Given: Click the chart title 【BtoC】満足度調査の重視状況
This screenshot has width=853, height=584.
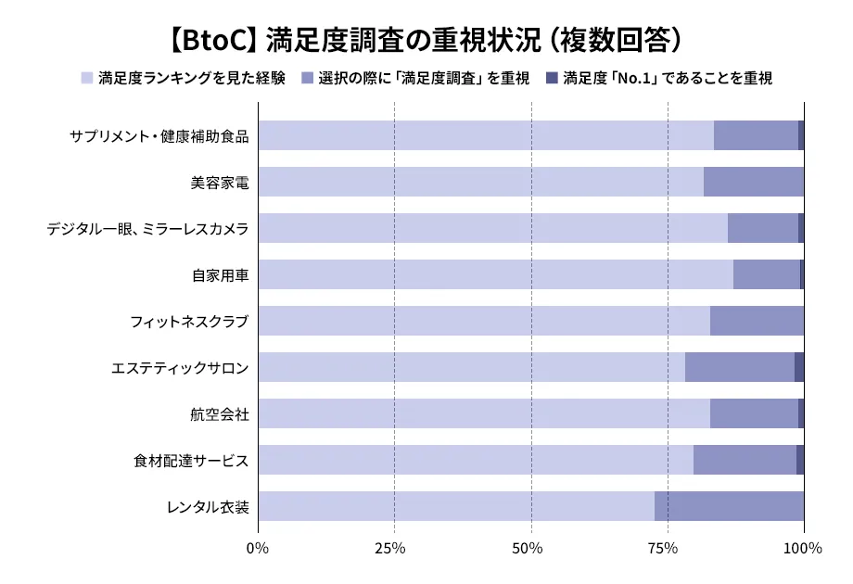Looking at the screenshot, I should pos(426,40).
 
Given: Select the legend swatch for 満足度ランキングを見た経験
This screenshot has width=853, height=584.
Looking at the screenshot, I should pos(87,78).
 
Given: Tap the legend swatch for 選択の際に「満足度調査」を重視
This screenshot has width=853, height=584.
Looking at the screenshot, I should pos(307,78).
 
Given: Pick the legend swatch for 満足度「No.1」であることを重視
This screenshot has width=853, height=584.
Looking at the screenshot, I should pos(552,78).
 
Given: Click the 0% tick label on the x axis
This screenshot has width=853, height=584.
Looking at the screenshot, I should pos(258,548).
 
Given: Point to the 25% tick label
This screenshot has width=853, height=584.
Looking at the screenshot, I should pos(394,548).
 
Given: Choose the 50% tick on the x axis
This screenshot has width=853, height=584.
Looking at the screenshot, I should pos(530,548).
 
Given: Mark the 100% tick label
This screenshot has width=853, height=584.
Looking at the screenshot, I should pos(803,548).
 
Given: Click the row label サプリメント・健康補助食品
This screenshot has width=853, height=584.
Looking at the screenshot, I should pos(159,136).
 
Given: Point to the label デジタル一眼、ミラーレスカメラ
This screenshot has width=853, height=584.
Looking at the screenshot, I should pos(147,229).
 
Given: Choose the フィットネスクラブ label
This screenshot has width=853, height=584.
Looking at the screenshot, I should pos(189,322).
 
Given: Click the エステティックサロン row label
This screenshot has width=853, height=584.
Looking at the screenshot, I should pos(180,368).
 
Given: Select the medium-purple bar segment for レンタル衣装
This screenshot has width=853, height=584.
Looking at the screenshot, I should pos(729,506).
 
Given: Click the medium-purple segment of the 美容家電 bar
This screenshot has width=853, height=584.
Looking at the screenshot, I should pos(753,182).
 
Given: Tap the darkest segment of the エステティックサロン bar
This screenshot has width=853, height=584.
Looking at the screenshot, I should pos(799,367).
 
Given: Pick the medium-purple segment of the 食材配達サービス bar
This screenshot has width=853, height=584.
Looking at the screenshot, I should pos(745,460).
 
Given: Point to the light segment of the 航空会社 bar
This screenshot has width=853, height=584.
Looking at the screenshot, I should pos(483,413).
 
